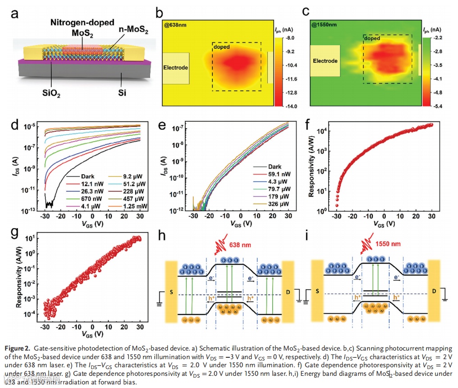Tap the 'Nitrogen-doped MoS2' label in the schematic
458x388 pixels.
(x=82, y=28)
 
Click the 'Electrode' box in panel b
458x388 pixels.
(x=175, y=68)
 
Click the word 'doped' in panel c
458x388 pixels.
(x=373, y=38)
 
